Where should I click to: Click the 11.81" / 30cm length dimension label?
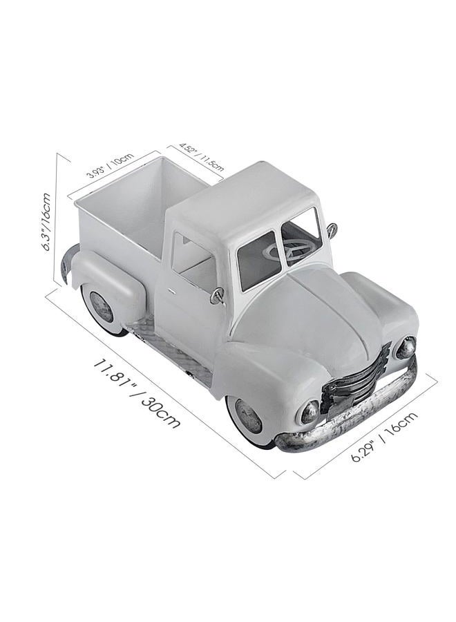point(136,393)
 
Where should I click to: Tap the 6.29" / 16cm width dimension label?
point(384,436)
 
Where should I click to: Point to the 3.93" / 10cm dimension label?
point(110,165)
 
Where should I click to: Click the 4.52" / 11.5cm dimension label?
point(201,155)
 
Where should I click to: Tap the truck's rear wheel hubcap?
point(102,307)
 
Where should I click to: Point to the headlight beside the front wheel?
point(310,412)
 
